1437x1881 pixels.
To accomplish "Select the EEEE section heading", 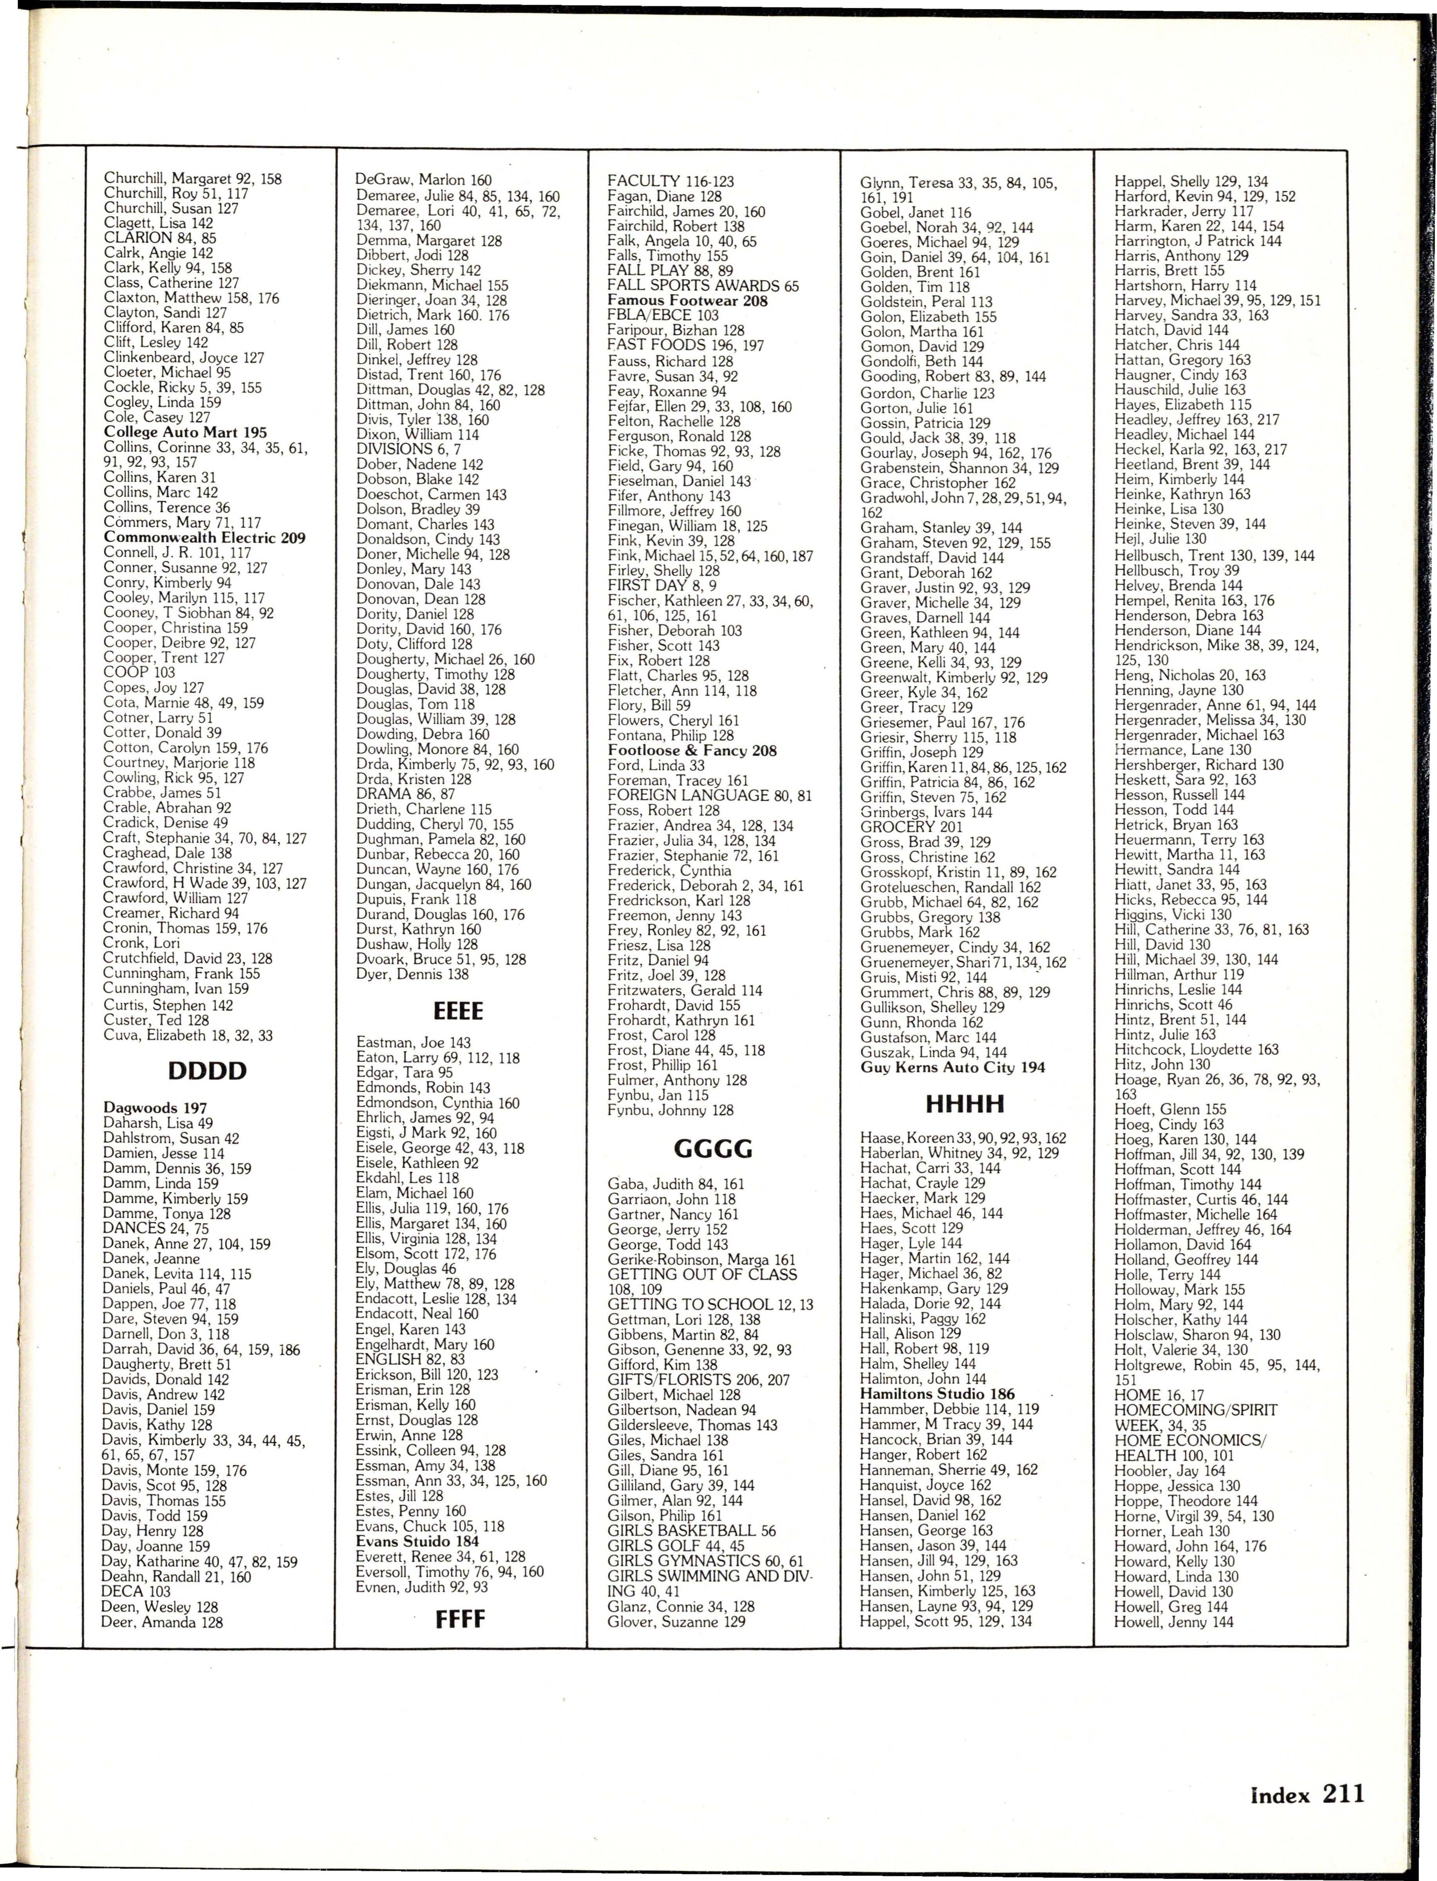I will pyautogui.click(x=459, y=1012).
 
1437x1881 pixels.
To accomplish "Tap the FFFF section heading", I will pyautogui.click(x=459, y=1618).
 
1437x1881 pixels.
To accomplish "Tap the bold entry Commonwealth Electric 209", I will pyautogui.click(x=204, y=538).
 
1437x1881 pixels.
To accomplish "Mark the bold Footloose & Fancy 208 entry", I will pyautogui.click(x=692, y=751).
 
